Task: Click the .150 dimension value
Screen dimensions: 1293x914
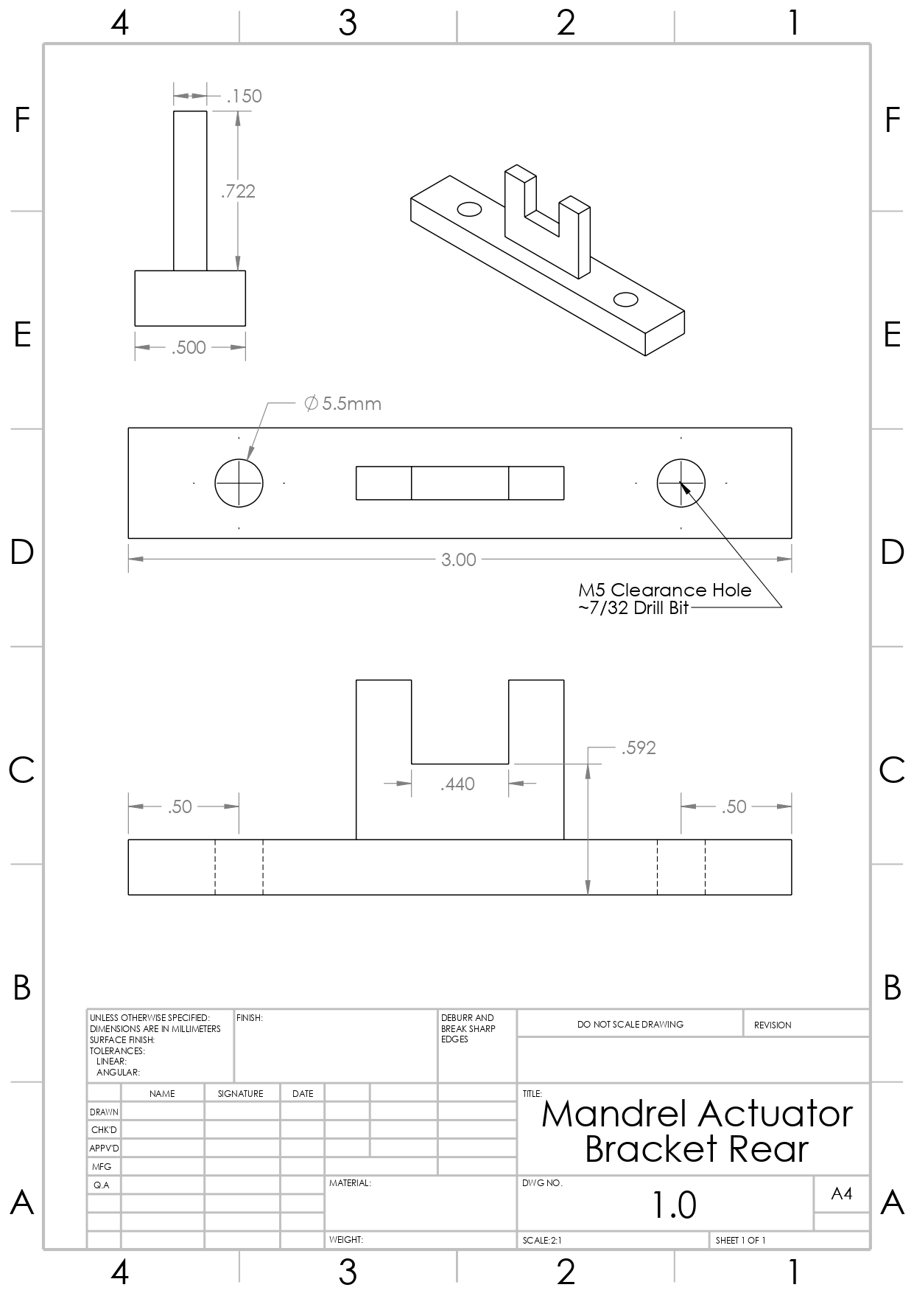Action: pyautogui.click(x=245, y=97)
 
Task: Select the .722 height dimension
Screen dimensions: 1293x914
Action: pyautogui.click(x=238, y=192)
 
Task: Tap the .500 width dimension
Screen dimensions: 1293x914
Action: pyautogui.click(x=189, y=348)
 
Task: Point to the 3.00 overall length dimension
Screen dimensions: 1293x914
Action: pyautogui.click(x=458, y=560)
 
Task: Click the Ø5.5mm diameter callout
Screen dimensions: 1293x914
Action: pyautogui.click(x=343, y=404)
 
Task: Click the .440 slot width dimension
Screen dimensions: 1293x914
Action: pyautogui.click(x=457, y=784)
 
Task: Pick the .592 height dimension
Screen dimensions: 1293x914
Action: pyautogui.click(x=638, y=748)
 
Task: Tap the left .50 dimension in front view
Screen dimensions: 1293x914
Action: pyautogui.click(x=180, y=807)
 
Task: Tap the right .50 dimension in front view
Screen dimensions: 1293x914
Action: pyautogui.click(x=734, y=807)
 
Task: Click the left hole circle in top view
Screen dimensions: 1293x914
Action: pyautogui.click(x=239, y=484)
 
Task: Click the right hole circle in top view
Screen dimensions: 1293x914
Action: pyautogui.click(x=681, y=484)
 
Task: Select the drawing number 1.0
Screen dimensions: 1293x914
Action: pyautogui.click(x=674, y=1205)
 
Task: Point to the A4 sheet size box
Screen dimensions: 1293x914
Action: pyautogui.click(x=841, y=1194)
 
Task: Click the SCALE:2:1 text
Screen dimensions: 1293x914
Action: pyautogui.click(x=542, y=1241)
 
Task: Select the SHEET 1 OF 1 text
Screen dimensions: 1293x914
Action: pyautogui.click(x=740, y=1241)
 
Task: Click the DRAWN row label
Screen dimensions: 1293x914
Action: pyautogui.click(x=104, y=1112)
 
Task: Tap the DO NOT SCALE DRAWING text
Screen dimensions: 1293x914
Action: pyautogui.click(x=630, y=1025)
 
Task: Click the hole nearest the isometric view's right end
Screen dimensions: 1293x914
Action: pyautogui.click(x=625, y=299)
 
